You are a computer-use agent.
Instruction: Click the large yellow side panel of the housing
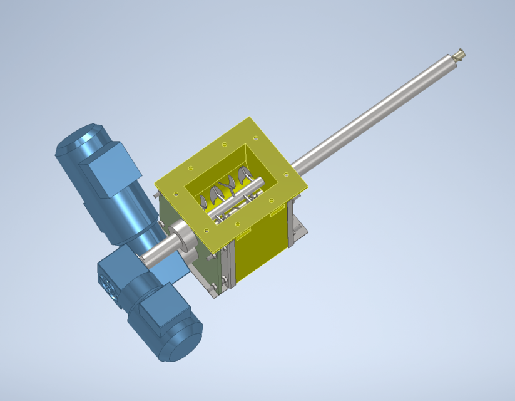coord(260,244)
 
